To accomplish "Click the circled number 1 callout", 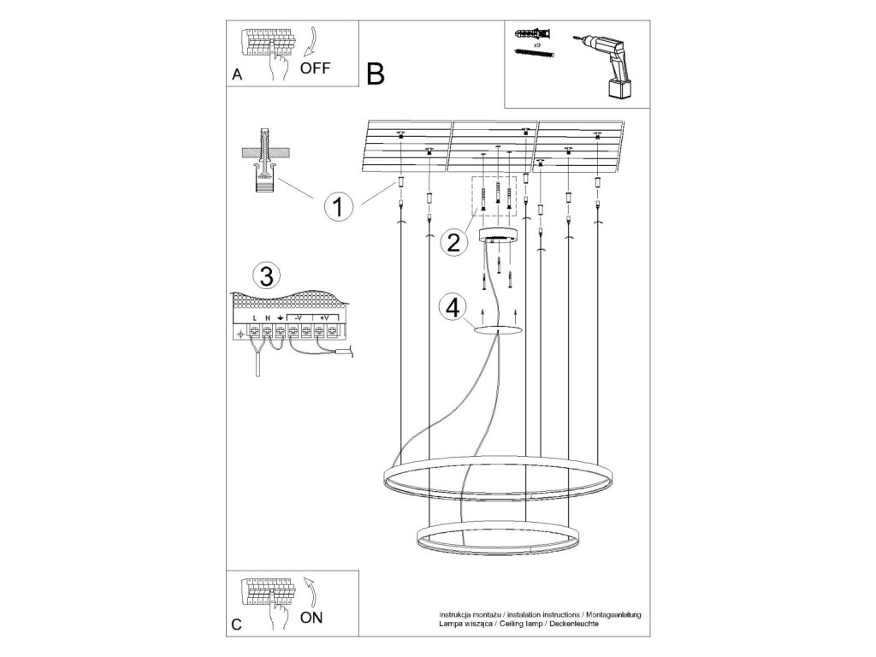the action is coord(339,207).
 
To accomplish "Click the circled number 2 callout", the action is coord(453,242).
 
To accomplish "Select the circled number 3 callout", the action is coord(266,276).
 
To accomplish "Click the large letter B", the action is coord(375,74).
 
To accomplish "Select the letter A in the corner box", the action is coord(237,76).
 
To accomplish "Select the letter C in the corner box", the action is coord(237,625).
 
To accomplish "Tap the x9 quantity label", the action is coord(536,42).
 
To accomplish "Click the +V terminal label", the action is coord(323,317).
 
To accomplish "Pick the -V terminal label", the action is coord(296,317).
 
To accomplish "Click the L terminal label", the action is coord(254,317).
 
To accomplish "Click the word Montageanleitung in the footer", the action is coord(612,615).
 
